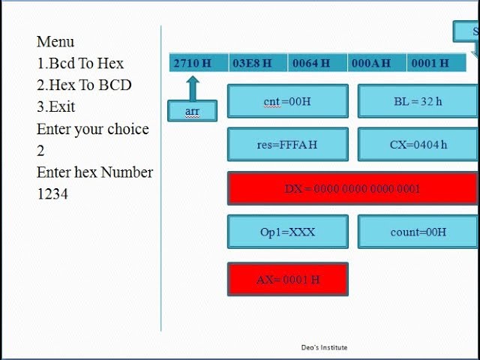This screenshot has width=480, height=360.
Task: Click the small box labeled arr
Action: click(x=192, y=111)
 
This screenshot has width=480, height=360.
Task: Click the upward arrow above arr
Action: click(x=192, y=87)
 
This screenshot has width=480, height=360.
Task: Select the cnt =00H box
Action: click(x=287, y=101)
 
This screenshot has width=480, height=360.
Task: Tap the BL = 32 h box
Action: click(x=418, y=101)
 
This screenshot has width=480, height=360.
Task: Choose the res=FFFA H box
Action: click(x=287, y=145)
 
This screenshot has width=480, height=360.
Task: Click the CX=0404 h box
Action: click(x=418, y=145)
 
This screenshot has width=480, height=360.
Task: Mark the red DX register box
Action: click(x=352, y=188)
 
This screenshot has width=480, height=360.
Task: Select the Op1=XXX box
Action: click(x=287, y=232)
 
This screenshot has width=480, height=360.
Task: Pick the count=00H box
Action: click(x=418, y=232)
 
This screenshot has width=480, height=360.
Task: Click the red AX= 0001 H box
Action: click(x=287, y=279)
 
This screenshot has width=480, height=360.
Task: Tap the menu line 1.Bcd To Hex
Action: click(x=80, y=63)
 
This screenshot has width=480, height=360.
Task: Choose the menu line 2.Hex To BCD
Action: click(x=84, y=85)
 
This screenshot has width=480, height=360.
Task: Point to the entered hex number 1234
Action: click(x=52, y=193)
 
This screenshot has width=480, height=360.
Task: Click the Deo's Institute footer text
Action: click(x=324, y=347)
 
